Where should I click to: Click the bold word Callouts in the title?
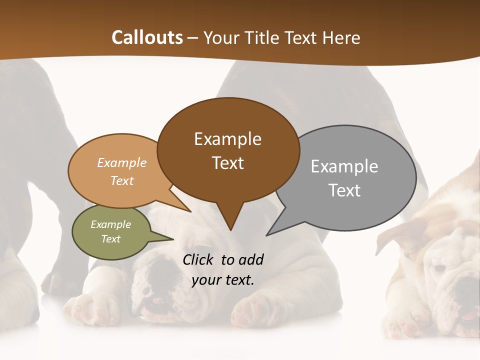[147, 37]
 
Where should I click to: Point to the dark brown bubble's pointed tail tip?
[230, 229]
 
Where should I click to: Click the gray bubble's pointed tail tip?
[267, 235]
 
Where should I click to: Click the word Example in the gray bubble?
[344, 166]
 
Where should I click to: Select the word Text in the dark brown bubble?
[228, 163]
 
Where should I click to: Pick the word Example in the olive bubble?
[110, 224]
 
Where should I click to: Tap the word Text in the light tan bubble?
[122, 180]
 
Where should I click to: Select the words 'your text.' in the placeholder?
[222, 280]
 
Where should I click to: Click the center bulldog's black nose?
[160, 275]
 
